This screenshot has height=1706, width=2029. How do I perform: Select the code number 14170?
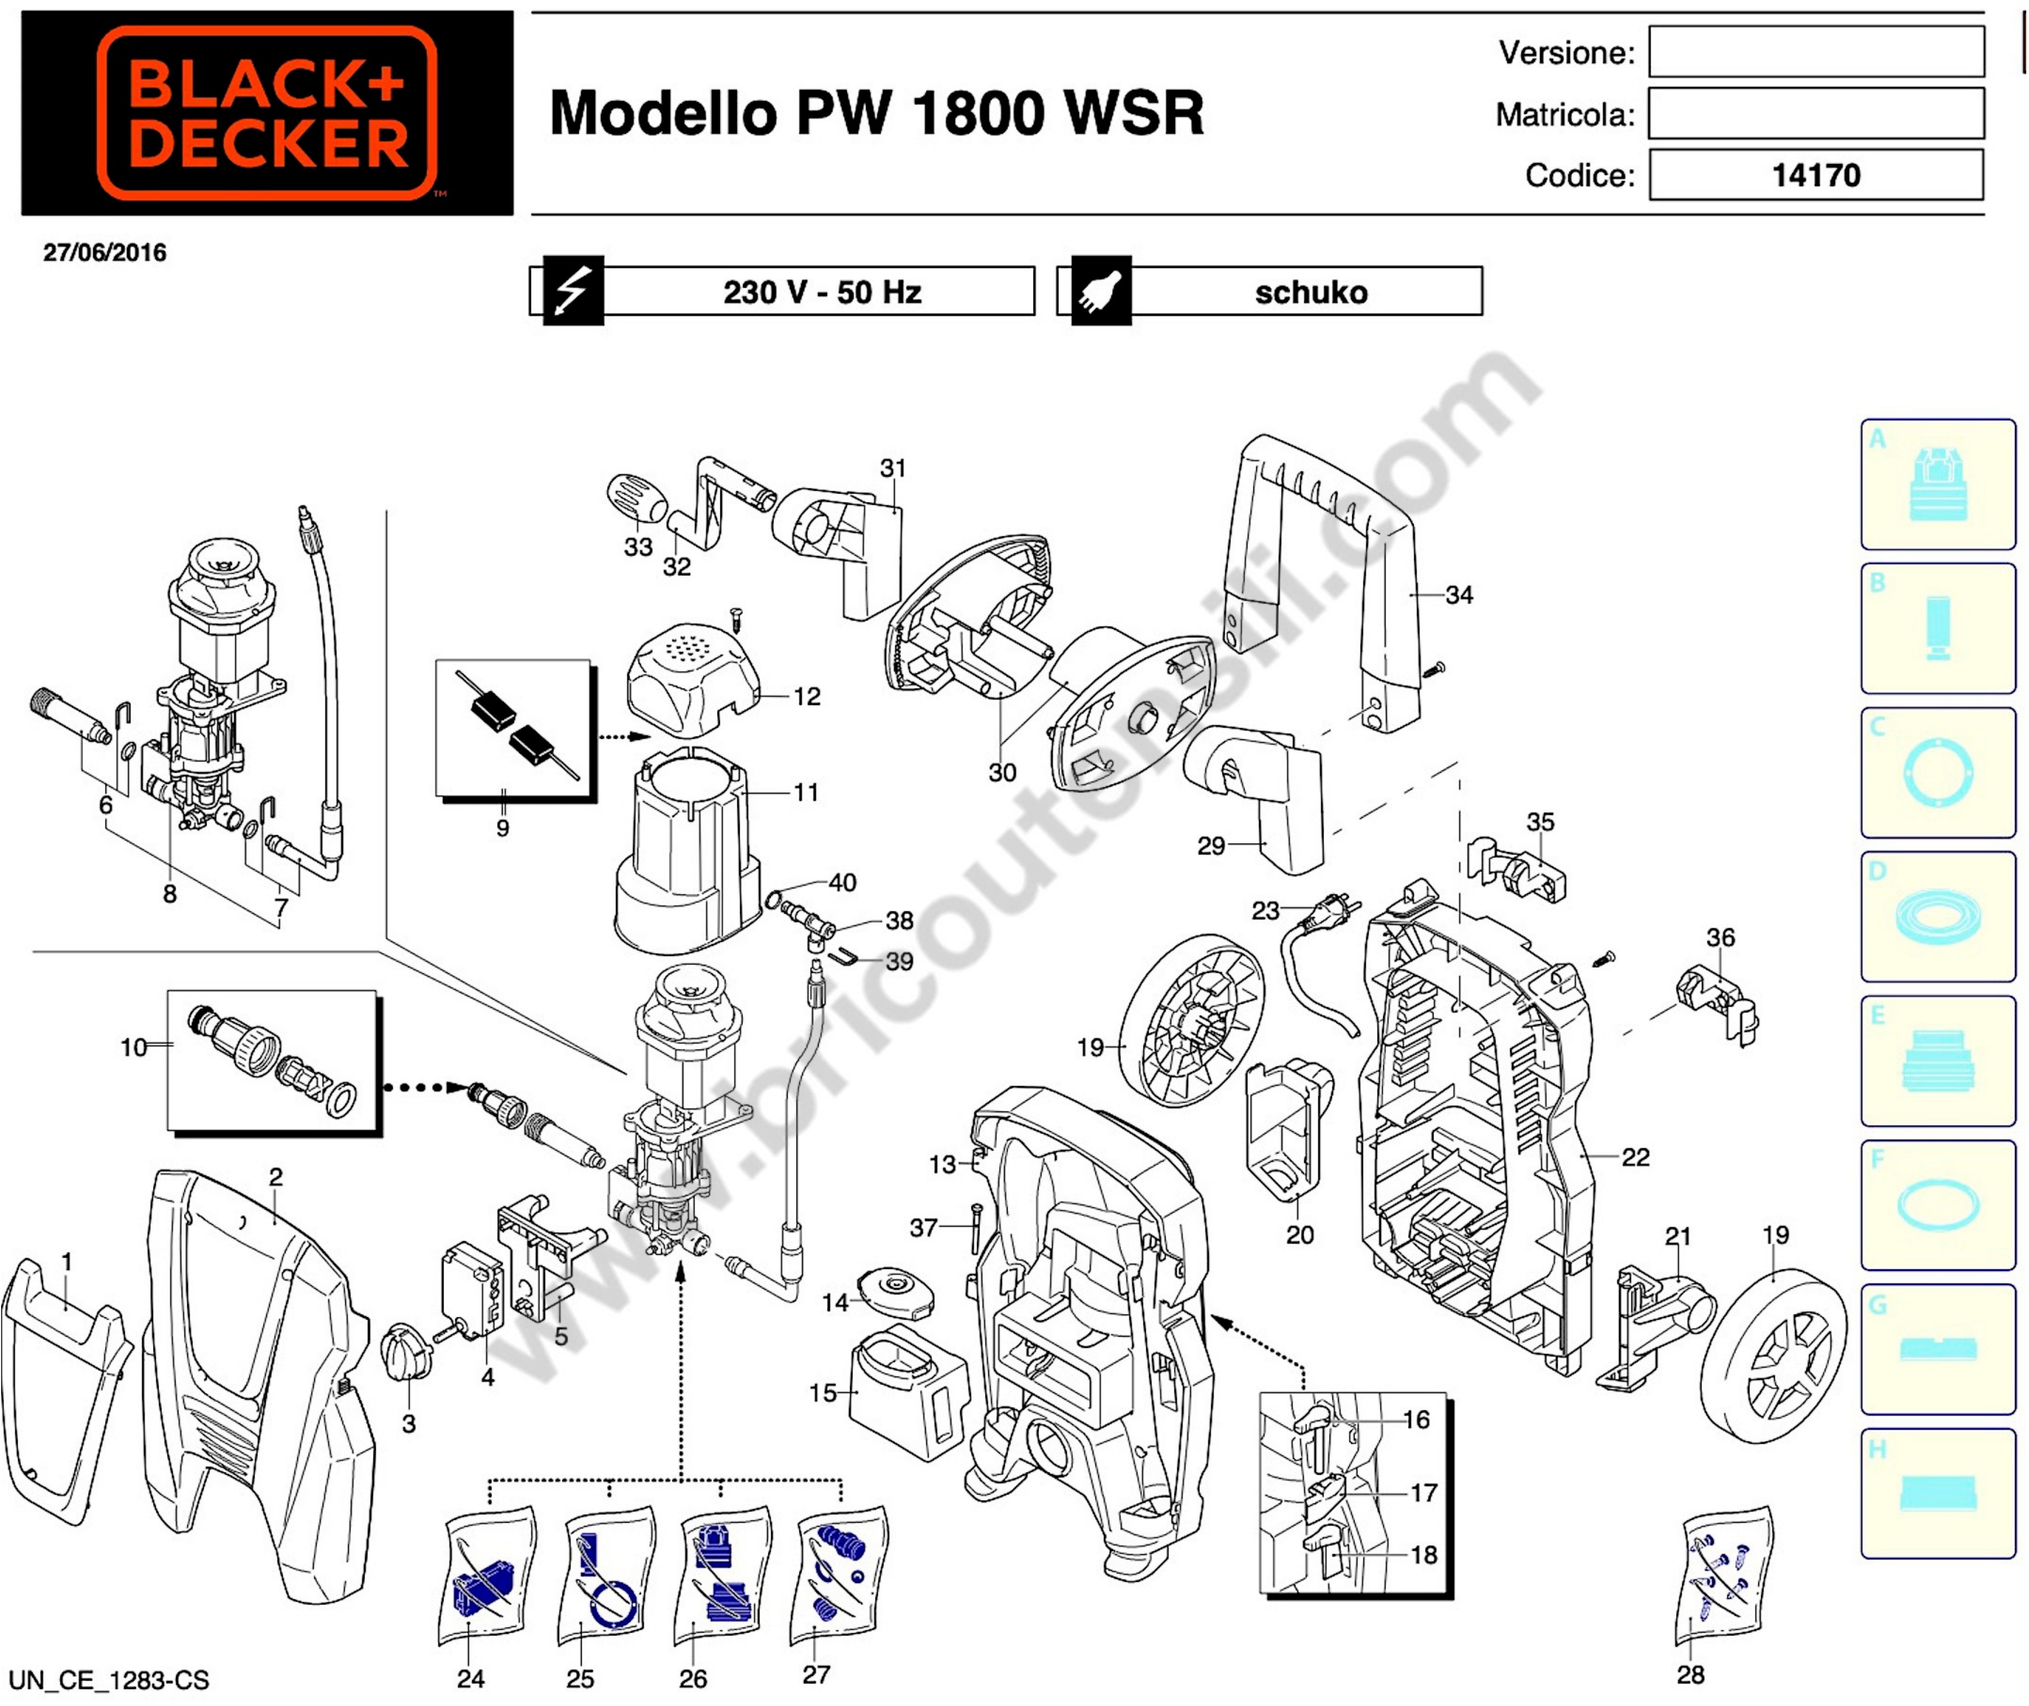click(1815, 175)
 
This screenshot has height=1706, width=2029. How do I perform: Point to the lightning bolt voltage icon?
click(573, 290)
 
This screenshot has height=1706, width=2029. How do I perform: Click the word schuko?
click(1311, 292)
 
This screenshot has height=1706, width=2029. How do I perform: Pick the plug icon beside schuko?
click(1101, 290)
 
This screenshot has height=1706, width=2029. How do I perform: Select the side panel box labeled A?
click(1937, 484)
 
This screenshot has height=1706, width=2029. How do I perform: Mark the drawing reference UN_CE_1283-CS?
click(108, 1680)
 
